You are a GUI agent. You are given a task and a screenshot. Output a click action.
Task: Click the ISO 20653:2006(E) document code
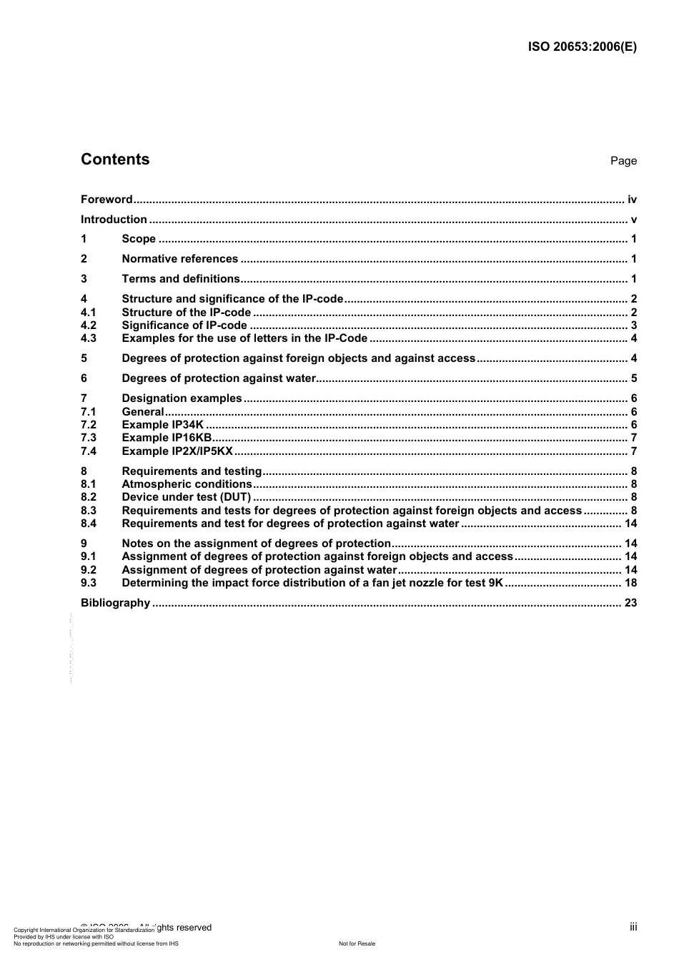coord(582,47)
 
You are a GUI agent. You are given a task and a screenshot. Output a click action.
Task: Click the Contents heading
coord(115,159)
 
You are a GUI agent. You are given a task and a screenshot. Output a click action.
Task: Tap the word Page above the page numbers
coord(623,161)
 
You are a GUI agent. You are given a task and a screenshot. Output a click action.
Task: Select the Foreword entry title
coord(106,200)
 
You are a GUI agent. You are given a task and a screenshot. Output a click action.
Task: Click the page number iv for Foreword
coord(632,200)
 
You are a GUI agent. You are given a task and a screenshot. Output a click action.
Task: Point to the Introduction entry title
coord(114,220)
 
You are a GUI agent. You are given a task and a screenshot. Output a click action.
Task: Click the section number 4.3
coord(89,338)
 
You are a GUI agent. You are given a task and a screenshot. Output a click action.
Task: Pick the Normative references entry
coord(179,259)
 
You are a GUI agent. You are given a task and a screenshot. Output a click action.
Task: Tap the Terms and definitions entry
coord(181,279)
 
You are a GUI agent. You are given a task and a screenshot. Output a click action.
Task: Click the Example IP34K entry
coord(162,425)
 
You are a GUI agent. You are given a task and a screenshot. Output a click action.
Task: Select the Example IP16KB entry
coord(167,438)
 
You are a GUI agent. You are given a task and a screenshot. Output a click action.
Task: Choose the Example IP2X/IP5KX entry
coord(177,451)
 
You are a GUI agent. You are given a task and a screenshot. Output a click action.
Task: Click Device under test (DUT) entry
coord(186,497)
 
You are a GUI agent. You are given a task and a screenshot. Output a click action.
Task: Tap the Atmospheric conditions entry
coord(187,484)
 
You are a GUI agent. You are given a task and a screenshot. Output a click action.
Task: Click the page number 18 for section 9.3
coord(630,583)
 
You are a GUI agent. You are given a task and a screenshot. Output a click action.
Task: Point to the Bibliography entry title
coord(115,603)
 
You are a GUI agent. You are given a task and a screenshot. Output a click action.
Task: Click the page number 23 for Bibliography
coord(630,603)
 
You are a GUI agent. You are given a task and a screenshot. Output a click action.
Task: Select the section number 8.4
coord(89,524)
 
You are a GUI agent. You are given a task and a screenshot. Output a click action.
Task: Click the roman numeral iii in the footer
coord(633,927)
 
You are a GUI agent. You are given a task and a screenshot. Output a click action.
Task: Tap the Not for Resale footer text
coord(357,943)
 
